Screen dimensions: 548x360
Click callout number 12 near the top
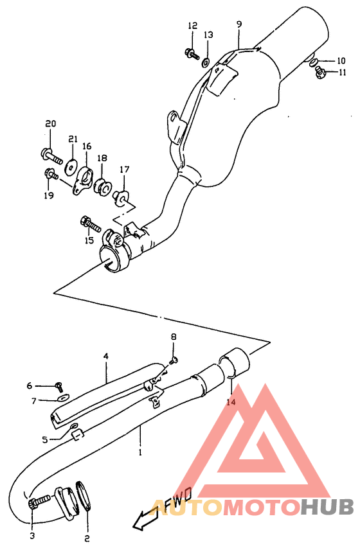point(192,26)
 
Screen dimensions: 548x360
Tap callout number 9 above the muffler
point(239,24)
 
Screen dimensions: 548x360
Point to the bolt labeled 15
point(91,225)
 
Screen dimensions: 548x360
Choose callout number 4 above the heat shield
point(105,355)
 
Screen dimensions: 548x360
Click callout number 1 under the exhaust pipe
point(139,452)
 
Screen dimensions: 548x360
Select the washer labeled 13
point(205,62)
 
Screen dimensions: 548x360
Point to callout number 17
point(123,170)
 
